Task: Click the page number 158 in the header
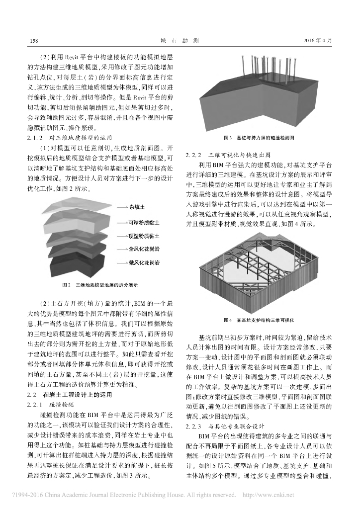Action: click(x=34, y=40)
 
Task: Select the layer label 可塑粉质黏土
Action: click(x=145, y=223)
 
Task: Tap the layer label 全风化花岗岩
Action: click(x=145, y=248)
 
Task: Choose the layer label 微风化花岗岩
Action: click(x=145, y=261)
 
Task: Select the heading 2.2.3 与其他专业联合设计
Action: click(x=228, y=426)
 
